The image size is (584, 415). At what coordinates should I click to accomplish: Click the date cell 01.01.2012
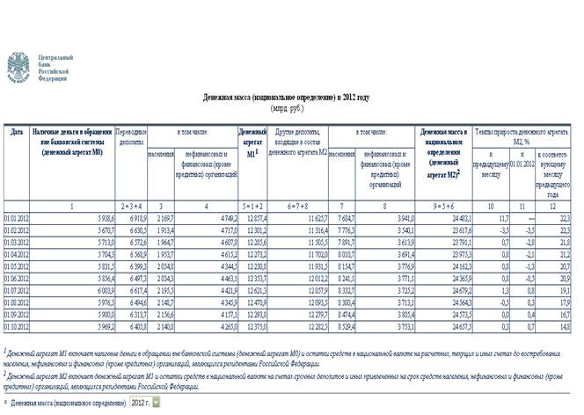point(17,217)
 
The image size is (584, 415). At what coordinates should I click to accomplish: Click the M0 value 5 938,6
point(102,217)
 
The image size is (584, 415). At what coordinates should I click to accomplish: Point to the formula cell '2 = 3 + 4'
point(133,205)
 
